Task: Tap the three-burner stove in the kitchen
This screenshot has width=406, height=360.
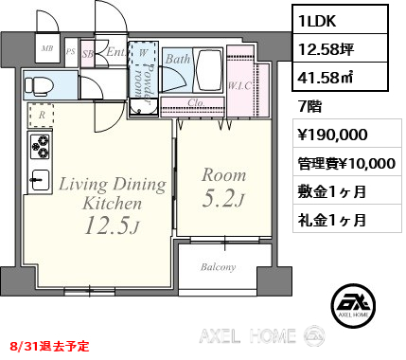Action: pos(40,147)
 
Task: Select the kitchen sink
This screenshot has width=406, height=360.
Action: pos(40,180)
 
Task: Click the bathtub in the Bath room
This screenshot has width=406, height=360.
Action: pos(207,70)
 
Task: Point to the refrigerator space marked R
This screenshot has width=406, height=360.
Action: pos(42,116)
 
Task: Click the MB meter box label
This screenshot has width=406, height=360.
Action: pos(47,48)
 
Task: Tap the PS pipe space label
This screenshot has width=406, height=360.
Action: pos(71,51)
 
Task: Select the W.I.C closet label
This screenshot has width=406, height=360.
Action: pos(239,85)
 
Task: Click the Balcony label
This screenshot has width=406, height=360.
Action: pos(218,267)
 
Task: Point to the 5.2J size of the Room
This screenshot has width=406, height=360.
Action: pos(223,199)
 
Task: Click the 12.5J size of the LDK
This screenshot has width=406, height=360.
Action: pos(112,226)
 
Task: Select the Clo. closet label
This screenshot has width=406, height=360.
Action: pos(196,102)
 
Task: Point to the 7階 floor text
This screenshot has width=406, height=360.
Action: pos(309,106)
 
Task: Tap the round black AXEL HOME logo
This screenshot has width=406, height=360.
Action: pos(354,305)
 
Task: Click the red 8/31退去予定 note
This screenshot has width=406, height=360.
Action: pos(50,347)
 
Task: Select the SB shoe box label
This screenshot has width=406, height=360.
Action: pos(88,54)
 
